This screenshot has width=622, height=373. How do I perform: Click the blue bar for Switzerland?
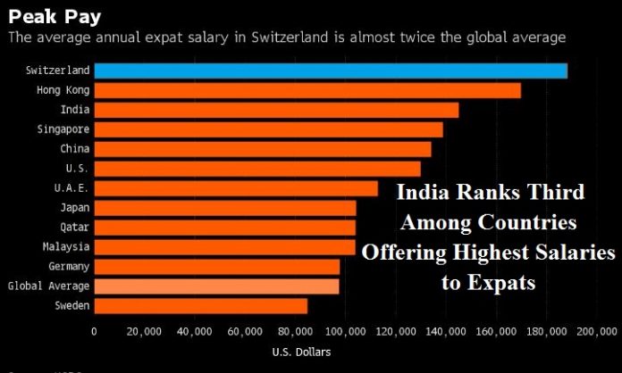pos(330,70)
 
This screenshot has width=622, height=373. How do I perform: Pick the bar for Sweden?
pos(200,305)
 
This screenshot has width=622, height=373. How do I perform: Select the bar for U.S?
pos(256,169)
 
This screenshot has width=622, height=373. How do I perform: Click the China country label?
pos(74,149)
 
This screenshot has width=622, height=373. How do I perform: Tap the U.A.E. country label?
pos(71,188)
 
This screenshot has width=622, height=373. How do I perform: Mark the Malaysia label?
pos(65,246)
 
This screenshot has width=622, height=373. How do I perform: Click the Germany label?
pos(68,266)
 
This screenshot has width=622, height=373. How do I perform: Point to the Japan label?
pos(73,208)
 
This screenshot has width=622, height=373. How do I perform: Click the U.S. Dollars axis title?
pos(301,352)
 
